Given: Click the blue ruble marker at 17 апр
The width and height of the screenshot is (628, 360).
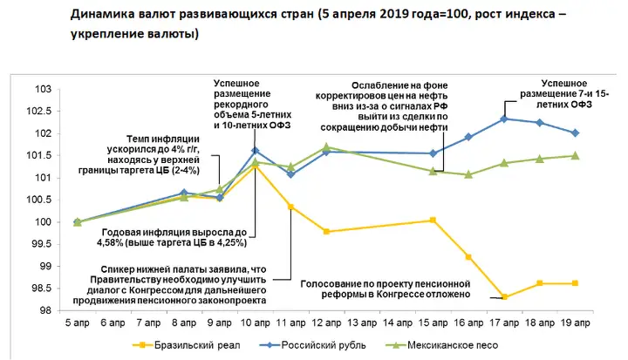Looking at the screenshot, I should pos(505,119).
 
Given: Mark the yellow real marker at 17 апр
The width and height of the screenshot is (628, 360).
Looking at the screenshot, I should pos(505,296).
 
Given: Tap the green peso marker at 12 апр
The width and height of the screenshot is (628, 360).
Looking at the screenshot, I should pos(326,147).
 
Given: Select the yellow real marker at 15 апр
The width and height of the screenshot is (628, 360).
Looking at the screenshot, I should pos(433,221).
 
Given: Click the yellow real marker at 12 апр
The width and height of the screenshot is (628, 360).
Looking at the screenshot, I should pos(326,231).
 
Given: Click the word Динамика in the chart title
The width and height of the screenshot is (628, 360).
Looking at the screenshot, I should pos(97,15).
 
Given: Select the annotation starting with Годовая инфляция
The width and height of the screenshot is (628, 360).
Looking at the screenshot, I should pos(176,239).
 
